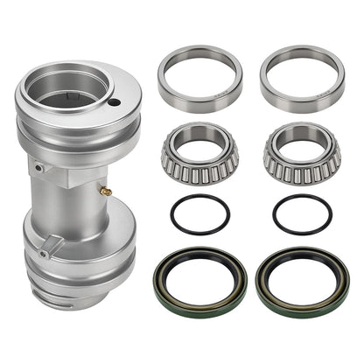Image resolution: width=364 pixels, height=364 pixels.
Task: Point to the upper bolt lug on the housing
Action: (38, 165)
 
